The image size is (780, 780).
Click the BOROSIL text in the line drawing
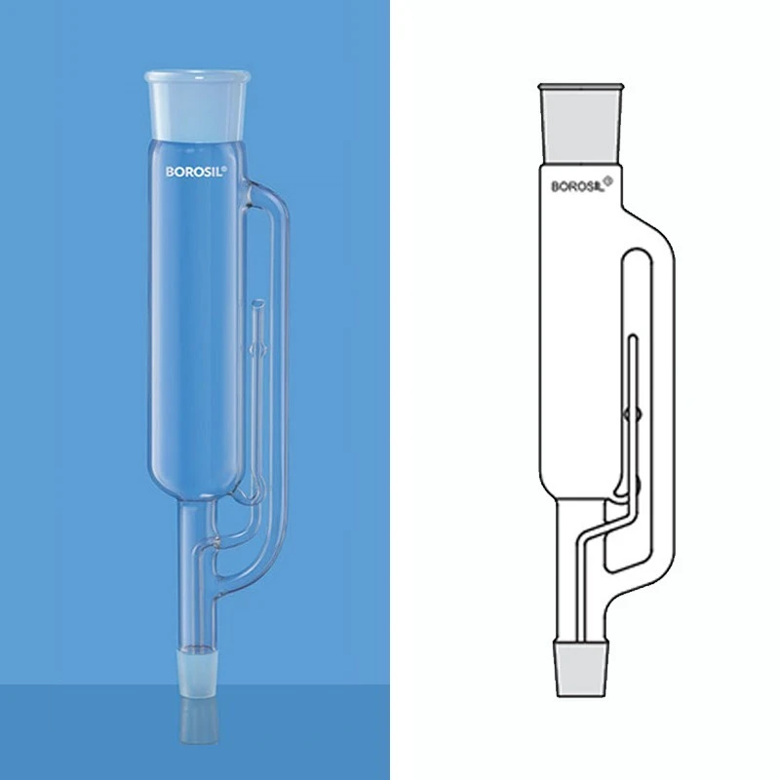click(579, 183)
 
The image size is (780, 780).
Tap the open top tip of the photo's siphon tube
click(257, 308)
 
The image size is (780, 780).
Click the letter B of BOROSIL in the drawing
click(557, 184)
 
